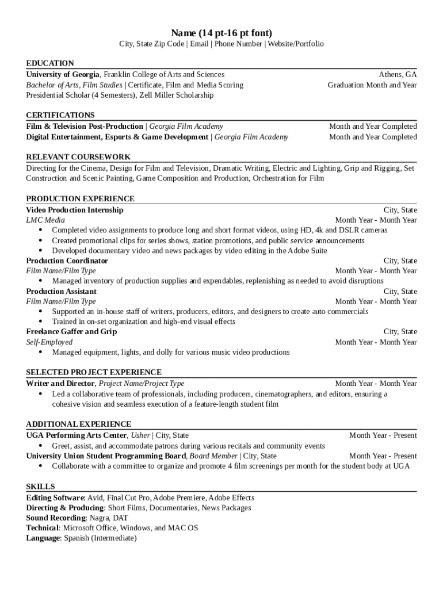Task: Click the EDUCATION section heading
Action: pyautogui.click(x=50, y=63)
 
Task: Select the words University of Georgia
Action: pyautogui.click(x=63, y=75)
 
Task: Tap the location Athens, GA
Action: pyautogui.click(x=398, y=75)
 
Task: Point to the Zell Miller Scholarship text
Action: pyautogui.click(x=179, y=95)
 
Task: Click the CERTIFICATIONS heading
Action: pyautogui.click(x=60, y=115)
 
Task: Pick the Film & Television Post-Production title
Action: pyautogui.click(x=85, y=127)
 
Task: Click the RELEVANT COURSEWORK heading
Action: pyautogui.click(x=78, y=157)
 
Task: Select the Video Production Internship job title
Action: pyautogui.click(x=75, y=210)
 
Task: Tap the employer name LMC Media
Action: pyautogui.click(x=45, y=220)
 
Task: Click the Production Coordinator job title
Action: pyautogui.click(x=67, y=261)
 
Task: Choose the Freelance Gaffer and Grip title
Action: pyautogui.click(x=71, y=332)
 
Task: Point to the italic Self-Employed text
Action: pyautogui.click(x=49, y=342)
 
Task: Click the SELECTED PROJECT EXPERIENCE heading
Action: pyautogui.click(x=94, y=373)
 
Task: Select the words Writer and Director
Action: pyautogui.click(x=60, y=384)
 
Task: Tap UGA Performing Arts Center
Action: pyautogui.click(x=76, y=435)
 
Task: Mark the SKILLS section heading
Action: pyautogui.click(x=41, y=487)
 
